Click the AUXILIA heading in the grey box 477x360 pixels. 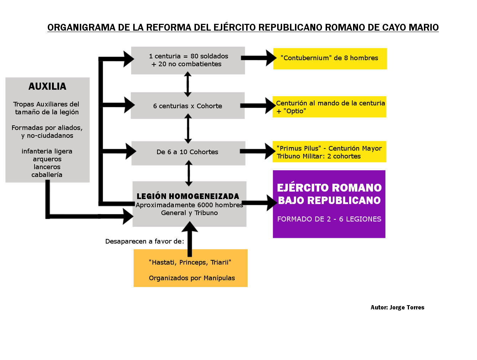point(47,87)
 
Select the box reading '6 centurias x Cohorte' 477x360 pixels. point(188,106)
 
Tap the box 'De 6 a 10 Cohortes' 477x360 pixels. point(188,152)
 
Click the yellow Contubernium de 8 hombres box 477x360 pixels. point(330,58)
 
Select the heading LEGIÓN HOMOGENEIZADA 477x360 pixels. point(188,197)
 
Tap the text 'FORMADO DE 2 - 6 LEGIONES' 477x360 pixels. point(329,219)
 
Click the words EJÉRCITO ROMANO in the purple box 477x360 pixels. point(329,188)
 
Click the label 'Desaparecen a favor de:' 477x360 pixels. point(145,241)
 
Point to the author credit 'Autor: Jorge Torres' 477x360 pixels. point(397,308)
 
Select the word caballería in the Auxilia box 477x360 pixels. point(47,175)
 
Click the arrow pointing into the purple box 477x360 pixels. point(259,203)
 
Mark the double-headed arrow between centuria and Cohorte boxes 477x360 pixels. point(188,84)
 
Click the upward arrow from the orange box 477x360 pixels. point(190,239)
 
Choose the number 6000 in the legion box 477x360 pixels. point(205,205)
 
